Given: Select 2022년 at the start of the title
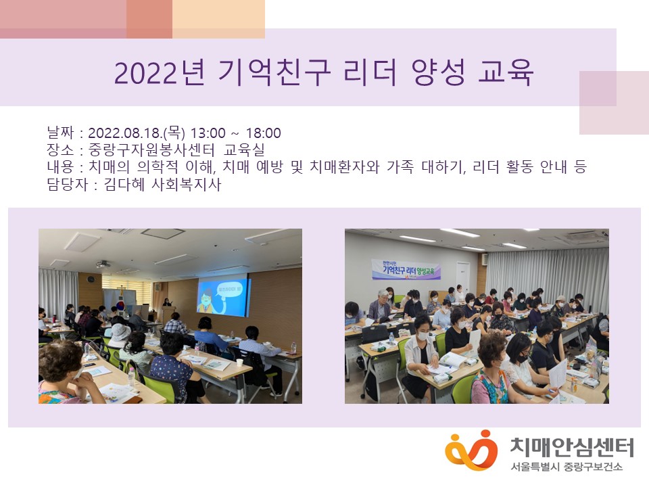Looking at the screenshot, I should (x=158, y=72).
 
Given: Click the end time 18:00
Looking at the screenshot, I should (x=264, y=133).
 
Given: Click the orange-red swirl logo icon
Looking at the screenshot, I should (x=471, y=448).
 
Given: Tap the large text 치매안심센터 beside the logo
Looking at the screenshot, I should (x=572, y=446).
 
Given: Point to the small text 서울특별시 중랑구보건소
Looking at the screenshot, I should (x=567, y=467).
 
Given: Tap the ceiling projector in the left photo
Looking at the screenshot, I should (x=103, y=264).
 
